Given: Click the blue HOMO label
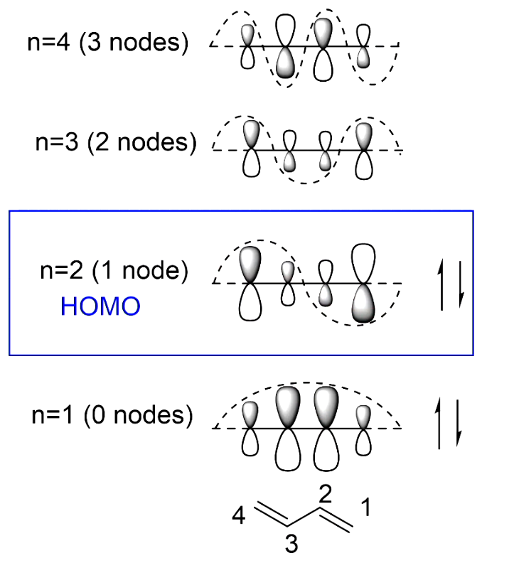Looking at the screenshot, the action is coord(100,306).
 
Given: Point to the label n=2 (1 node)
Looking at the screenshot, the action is coord(114,271).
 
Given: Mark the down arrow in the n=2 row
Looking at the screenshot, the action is coord(459,284).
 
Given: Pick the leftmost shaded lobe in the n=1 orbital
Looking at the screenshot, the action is coord(250,415).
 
